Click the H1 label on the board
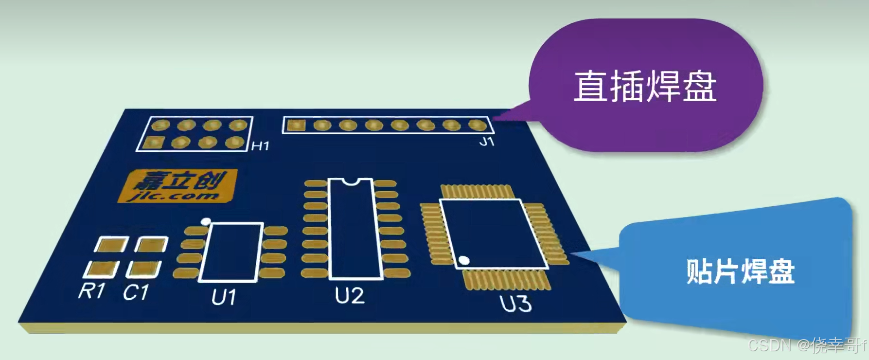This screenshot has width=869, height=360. [x=260, y=145]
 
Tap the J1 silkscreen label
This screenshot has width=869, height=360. [x=487, y=142]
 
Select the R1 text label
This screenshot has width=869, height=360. [x=92, y=291]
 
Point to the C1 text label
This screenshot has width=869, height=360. [x=136, y=292]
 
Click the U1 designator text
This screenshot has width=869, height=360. [x=224, y=297]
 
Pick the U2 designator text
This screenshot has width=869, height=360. [x=350, y=295]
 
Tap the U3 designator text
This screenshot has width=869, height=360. [x=516, y=304]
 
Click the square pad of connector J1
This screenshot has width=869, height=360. [x=295, y=126]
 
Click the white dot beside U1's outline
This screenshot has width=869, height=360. [x=206, y=221]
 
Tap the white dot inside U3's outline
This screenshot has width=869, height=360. [x=464, y=261]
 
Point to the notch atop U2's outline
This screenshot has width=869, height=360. [x=350, y=182]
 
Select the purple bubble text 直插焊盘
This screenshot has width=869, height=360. [x=645, y=86]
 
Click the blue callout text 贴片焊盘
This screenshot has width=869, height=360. [x=740, y=271]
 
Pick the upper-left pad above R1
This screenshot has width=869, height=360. [x=111, y=245]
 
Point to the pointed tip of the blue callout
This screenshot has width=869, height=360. [x=571, y=254]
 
